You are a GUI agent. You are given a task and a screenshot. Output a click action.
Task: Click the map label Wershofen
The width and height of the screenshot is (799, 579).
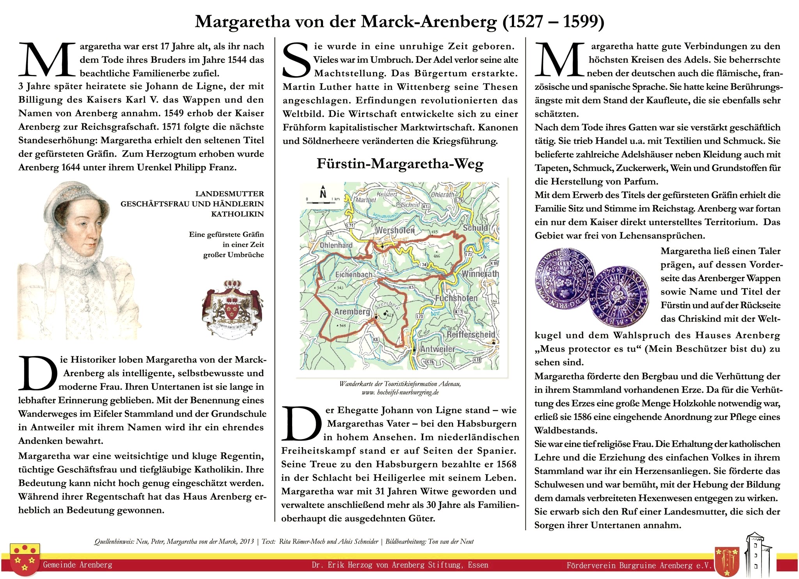click(394, 230)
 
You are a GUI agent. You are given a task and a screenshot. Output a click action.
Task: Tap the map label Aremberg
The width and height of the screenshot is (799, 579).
click(352, 312)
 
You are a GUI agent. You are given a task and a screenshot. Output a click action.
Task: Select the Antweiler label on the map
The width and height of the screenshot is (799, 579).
click(437, 349)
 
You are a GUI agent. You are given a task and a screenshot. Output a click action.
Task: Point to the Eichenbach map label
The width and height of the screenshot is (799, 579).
click(353, 274)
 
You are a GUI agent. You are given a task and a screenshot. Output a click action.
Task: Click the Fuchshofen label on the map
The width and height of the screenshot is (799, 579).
click(456, 298)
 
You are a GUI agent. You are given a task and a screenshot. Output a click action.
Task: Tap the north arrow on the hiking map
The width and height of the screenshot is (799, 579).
click(323, 192)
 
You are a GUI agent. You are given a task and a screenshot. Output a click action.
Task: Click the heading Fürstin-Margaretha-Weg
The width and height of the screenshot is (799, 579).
click(400, 164)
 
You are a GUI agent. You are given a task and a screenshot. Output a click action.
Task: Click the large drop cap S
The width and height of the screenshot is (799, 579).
click(297, 61)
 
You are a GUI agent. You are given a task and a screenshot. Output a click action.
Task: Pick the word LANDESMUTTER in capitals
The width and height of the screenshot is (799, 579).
click(229, 194)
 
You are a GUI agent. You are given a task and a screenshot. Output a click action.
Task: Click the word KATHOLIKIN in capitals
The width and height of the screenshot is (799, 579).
click(237, 214)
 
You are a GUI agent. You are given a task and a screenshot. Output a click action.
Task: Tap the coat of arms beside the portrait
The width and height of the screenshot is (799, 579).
click(232, 308)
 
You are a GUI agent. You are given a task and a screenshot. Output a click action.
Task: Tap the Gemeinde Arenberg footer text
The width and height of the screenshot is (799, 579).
click(78, 565)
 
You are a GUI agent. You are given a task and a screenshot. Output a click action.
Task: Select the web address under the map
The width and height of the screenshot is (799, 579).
click(400, 392)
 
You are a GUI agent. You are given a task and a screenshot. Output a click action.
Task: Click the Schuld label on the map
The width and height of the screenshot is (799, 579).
click(475, 228)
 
